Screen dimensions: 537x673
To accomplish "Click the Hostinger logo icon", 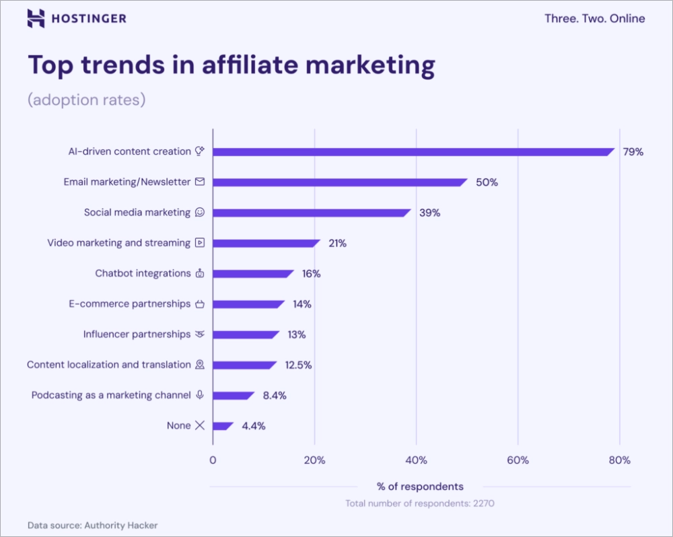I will pyautogui.click(x=36, y=19).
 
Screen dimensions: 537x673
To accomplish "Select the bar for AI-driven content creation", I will pyautogui.click(x=413, y=152).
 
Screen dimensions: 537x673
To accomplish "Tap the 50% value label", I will pyautogui.click(x=487, y=182).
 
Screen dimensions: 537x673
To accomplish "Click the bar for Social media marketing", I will pyautogui.click(x=311, y=213).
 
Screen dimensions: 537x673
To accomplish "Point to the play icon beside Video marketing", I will pyautogui.click(x=200, y=243).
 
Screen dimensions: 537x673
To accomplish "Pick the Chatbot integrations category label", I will pyautogui.click(x=143, y=273).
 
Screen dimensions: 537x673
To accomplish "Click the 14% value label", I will pyautogui.click(x=302, y=304).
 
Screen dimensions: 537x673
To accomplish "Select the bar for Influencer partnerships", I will pyautogui.click(x=246, y=334).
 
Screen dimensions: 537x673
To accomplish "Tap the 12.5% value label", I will pyautogui.click(x=298, y=365).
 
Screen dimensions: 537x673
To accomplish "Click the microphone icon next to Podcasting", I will pyautogui.click(x=200, y=395).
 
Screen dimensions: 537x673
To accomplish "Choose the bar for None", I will pyautogui.click(x=223, y=426).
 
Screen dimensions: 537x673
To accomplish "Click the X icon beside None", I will pyautogui.click(x=199, y=425).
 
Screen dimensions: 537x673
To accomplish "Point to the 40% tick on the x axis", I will pyautogui.click(x=416, y=460).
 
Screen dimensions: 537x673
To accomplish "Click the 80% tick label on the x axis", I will pyautogui.click(x=619, y=460).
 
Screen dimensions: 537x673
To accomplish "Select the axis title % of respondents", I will pyautogui.click(x=420, y=487).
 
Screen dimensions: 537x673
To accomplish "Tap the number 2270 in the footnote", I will pyautogui.click(x=483, y=503).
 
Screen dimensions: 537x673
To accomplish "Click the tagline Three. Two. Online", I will pyautogui.click(x=594, y=19).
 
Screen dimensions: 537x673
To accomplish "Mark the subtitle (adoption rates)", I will pyautogui.click(x=86, y=100).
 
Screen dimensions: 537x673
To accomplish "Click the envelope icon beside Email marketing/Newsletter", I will pyautogui.click(x=200, y=182).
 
